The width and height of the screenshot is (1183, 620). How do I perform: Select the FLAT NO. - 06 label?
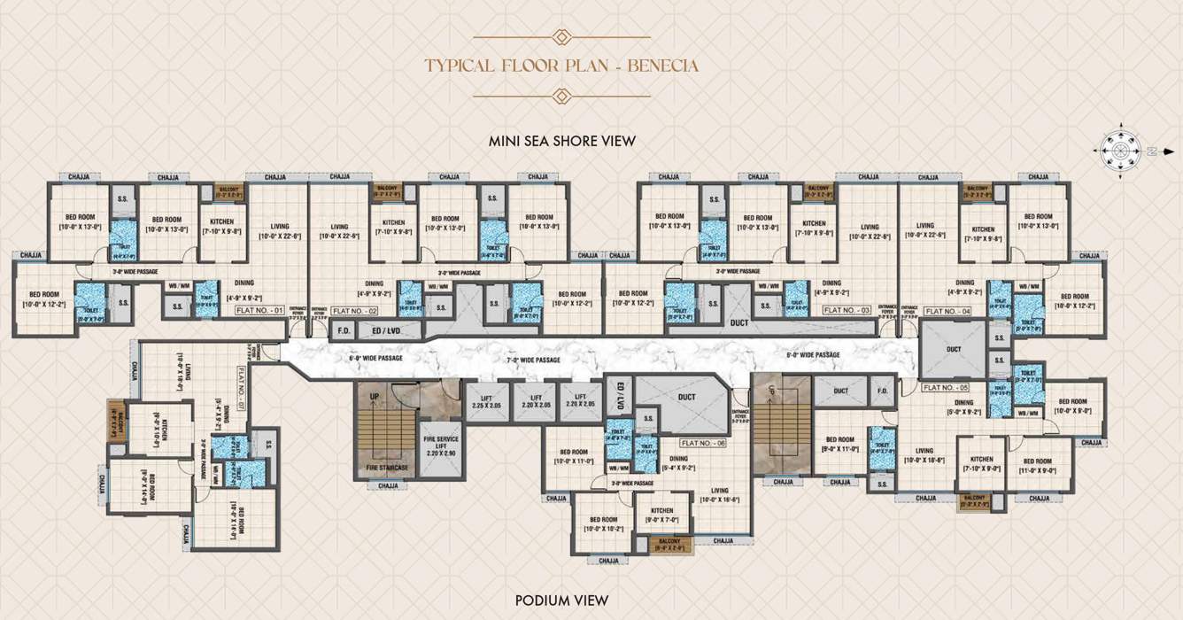(x=703, y=441)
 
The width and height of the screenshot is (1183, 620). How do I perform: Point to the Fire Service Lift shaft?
(x=440, y=447)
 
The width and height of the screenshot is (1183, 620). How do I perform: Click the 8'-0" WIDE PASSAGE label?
(x=813, y=354)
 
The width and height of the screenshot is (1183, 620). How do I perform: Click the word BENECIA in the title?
(x=665, y=66)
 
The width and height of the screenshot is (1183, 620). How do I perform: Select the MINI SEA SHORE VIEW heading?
(x=562, y=141)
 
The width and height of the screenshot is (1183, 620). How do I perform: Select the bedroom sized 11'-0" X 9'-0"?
(x=1037, y=467)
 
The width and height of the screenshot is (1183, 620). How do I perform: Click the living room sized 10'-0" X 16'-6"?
(x=719, y=495)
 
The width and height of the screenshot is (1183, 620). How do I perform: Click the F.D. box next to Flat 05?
(x=882, y=391)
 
